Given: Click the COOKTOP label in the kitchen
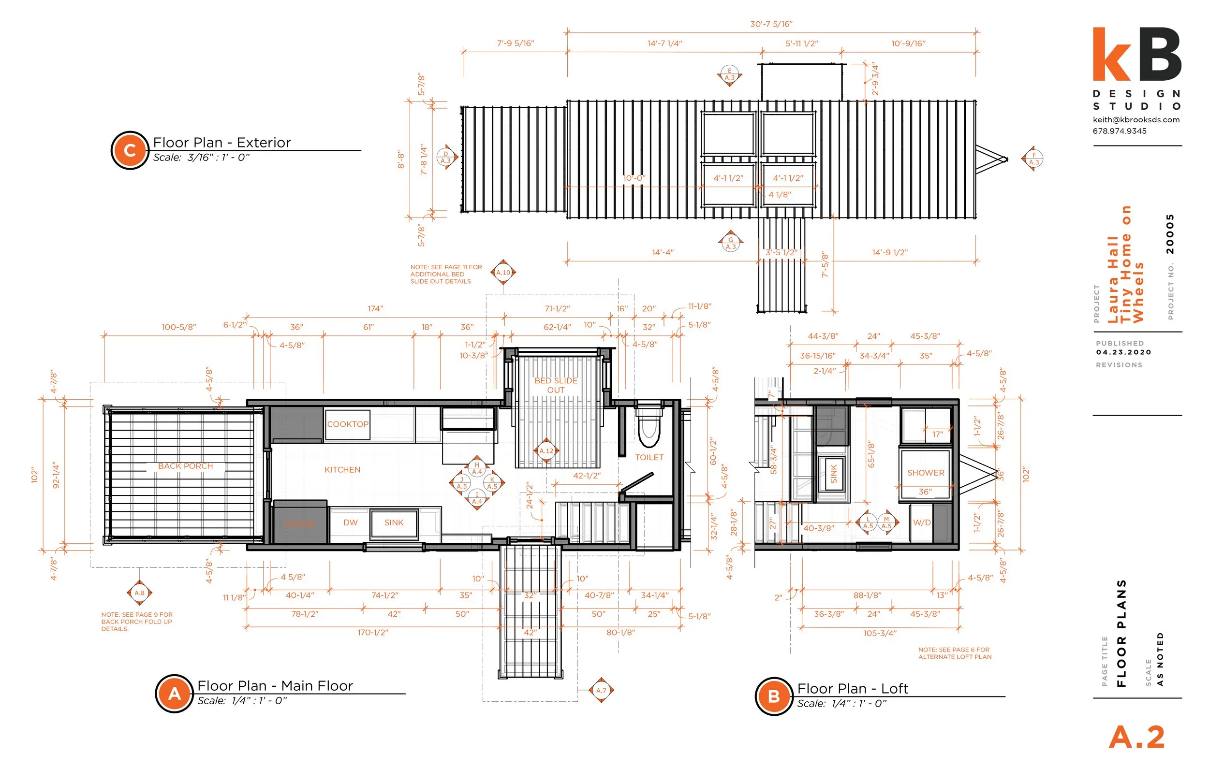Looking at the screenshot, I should pyautogui.click(x=347, y=424).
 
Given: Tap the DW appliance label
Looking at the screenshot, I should pyautogui.click(x=351, y=522).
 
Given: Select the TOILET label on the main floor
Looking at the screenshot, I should pyautogui.click(x=649, y=457).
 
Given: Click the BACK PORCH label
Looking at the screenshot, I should pyautogui.click(x=185, y=466).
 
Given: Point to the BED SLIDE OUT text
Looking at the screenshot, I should pyautogui.click(x=556, y=385).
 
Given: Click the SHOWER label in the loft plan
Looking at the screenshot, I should pyautogui.click(x=926, y=473).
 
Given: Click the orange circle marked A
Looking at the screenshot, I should pyautogui.click(x=174, y=694).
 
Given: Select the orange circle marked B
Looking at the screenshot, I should pyautogui.click(x=774, y=696).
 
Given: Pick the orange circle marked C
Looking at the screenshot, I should pyautogui.click(x=130, y=150).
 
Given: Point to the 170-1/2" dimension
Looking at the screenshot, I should pyautogui.click(x=372, y=632).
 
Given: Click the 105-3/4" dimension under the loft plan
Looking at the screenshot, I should pyautogui.click(x=880, y=633).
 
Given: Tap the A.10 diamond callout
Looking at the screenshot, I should pyautogui.click(x=503, y=273).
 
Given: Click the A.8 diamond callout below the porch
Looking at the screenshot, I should pyautogui.click(x=139, y=593).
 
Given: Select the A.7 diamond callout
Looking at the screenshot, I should pyautogui.click(x=601, y=690).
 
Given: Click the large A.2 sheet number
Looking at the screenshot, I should pyautogui.click(x=1136, y=738).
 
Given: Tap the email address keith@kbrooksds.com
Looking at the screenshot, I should pyautogui.click(x=1136, y=120).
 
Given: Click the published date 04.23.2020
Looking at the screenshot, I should pyautogui.click(x=1123, y=352).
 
